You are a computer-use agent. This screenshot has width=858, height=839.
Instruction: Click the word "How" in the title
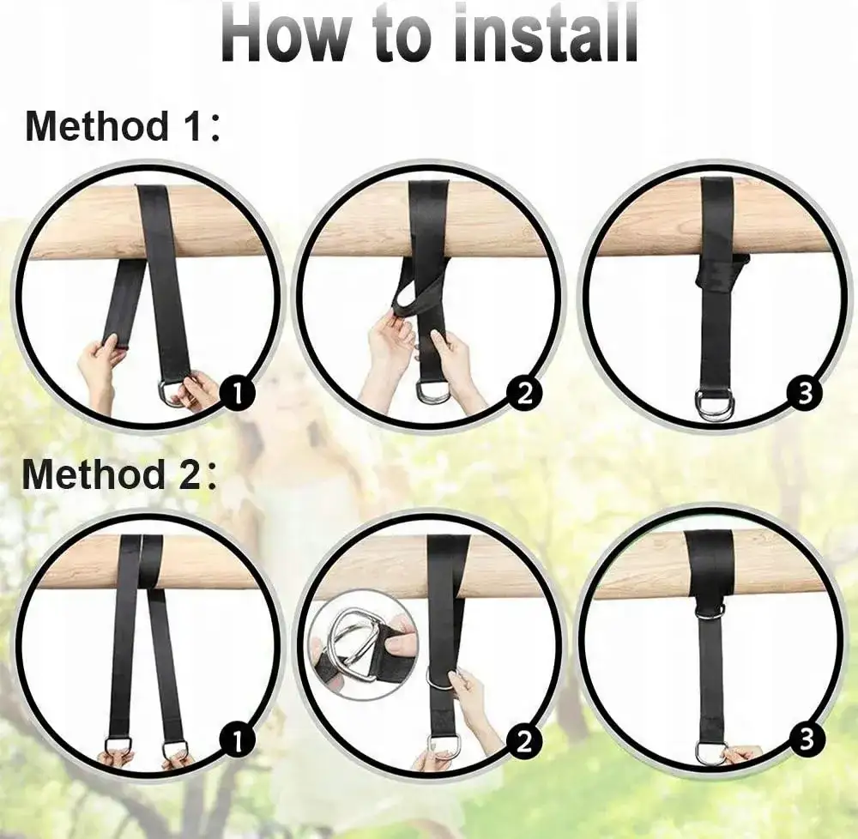[285, 34]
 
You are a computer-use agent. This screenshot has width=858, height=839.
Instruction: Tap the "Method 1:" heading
[122, 126]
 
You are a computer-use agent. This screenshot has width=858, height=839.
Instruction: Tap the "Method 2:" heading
[119, 474]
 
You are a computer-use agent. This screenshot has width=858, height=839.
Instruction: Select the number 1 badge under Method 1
[238, 395]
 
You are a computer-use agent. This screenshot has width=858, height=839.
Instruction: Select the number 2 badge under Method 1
[525, 393]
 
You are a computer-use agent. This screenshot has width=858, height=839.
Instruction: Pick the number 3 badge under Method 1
[805, 393]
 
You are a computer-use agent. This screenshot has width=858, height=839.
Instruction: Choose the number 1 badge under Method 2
[238, 742]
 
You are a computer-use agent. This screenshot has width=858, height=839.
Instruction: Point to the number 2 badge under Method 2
[524, 742]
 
